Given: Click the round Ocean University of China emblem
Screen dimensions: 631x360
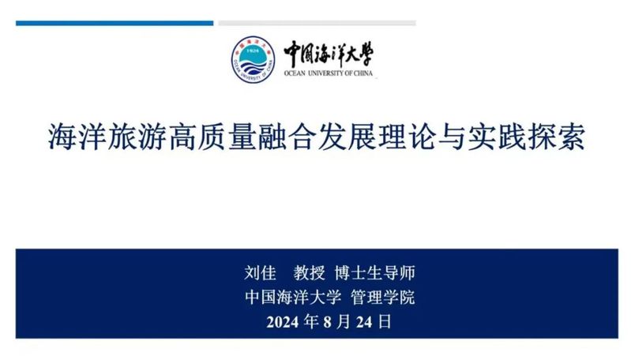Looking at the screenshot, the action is click(x=253, y=59).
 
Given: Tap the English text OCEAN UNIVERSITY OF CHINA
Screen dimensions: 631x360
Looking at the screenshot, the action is click(x=329, y=73).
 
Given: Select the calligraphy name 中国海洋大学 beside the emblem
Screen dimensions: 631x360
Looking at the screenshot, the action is click(x=329, y=54).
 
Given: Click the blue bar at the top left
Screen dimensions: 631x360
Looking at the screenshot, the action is click(x=115, y=24).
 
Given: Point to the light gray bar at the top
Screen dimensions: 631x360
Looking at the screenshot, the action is click(x=317, y=24).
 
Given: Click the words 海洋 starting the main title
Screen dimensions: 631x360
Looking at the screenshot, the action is click(x=77, y=137).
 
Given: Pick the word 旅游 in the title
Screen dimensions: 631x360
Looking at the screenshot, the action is click(x=137, y=137).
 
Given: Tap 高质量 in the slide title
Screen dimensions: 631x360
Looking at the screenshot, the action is click(x=212, y=137).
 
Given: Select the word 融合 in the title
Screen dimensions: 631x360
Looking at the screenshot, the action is click(x=287, y=137).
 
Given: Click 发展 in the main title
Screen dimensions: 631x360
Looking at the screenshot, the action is click(x=347, y=137).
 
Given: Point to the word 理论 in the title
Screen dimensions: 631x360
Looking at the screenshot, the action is click(x=407, y=137).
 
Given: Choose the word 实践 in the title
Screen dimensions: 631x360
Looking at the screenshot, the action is click(x=496, y=137).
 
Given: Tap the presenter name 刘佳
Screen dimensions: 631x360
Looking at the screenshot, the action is click(x=260, y=273).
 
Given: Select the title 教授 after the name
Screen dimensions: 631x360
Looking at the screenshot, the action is click(x=309, y=273).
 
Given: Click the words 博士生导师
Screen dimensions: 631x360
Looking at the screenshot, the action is click(x=374, y=273).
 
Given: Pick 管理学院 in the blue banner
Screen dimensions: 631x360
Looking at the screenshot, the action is click(x=382, y=298).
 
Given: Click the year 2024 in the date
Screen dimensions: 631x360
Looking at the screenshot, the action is click(x=283, y=322).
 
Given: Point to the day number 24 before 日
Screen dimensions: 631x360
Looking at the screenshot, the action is click(x=364, y=322).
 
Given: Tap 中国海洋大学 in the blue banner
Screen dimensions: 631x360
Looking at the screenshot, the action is click(x=293, y=298).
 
